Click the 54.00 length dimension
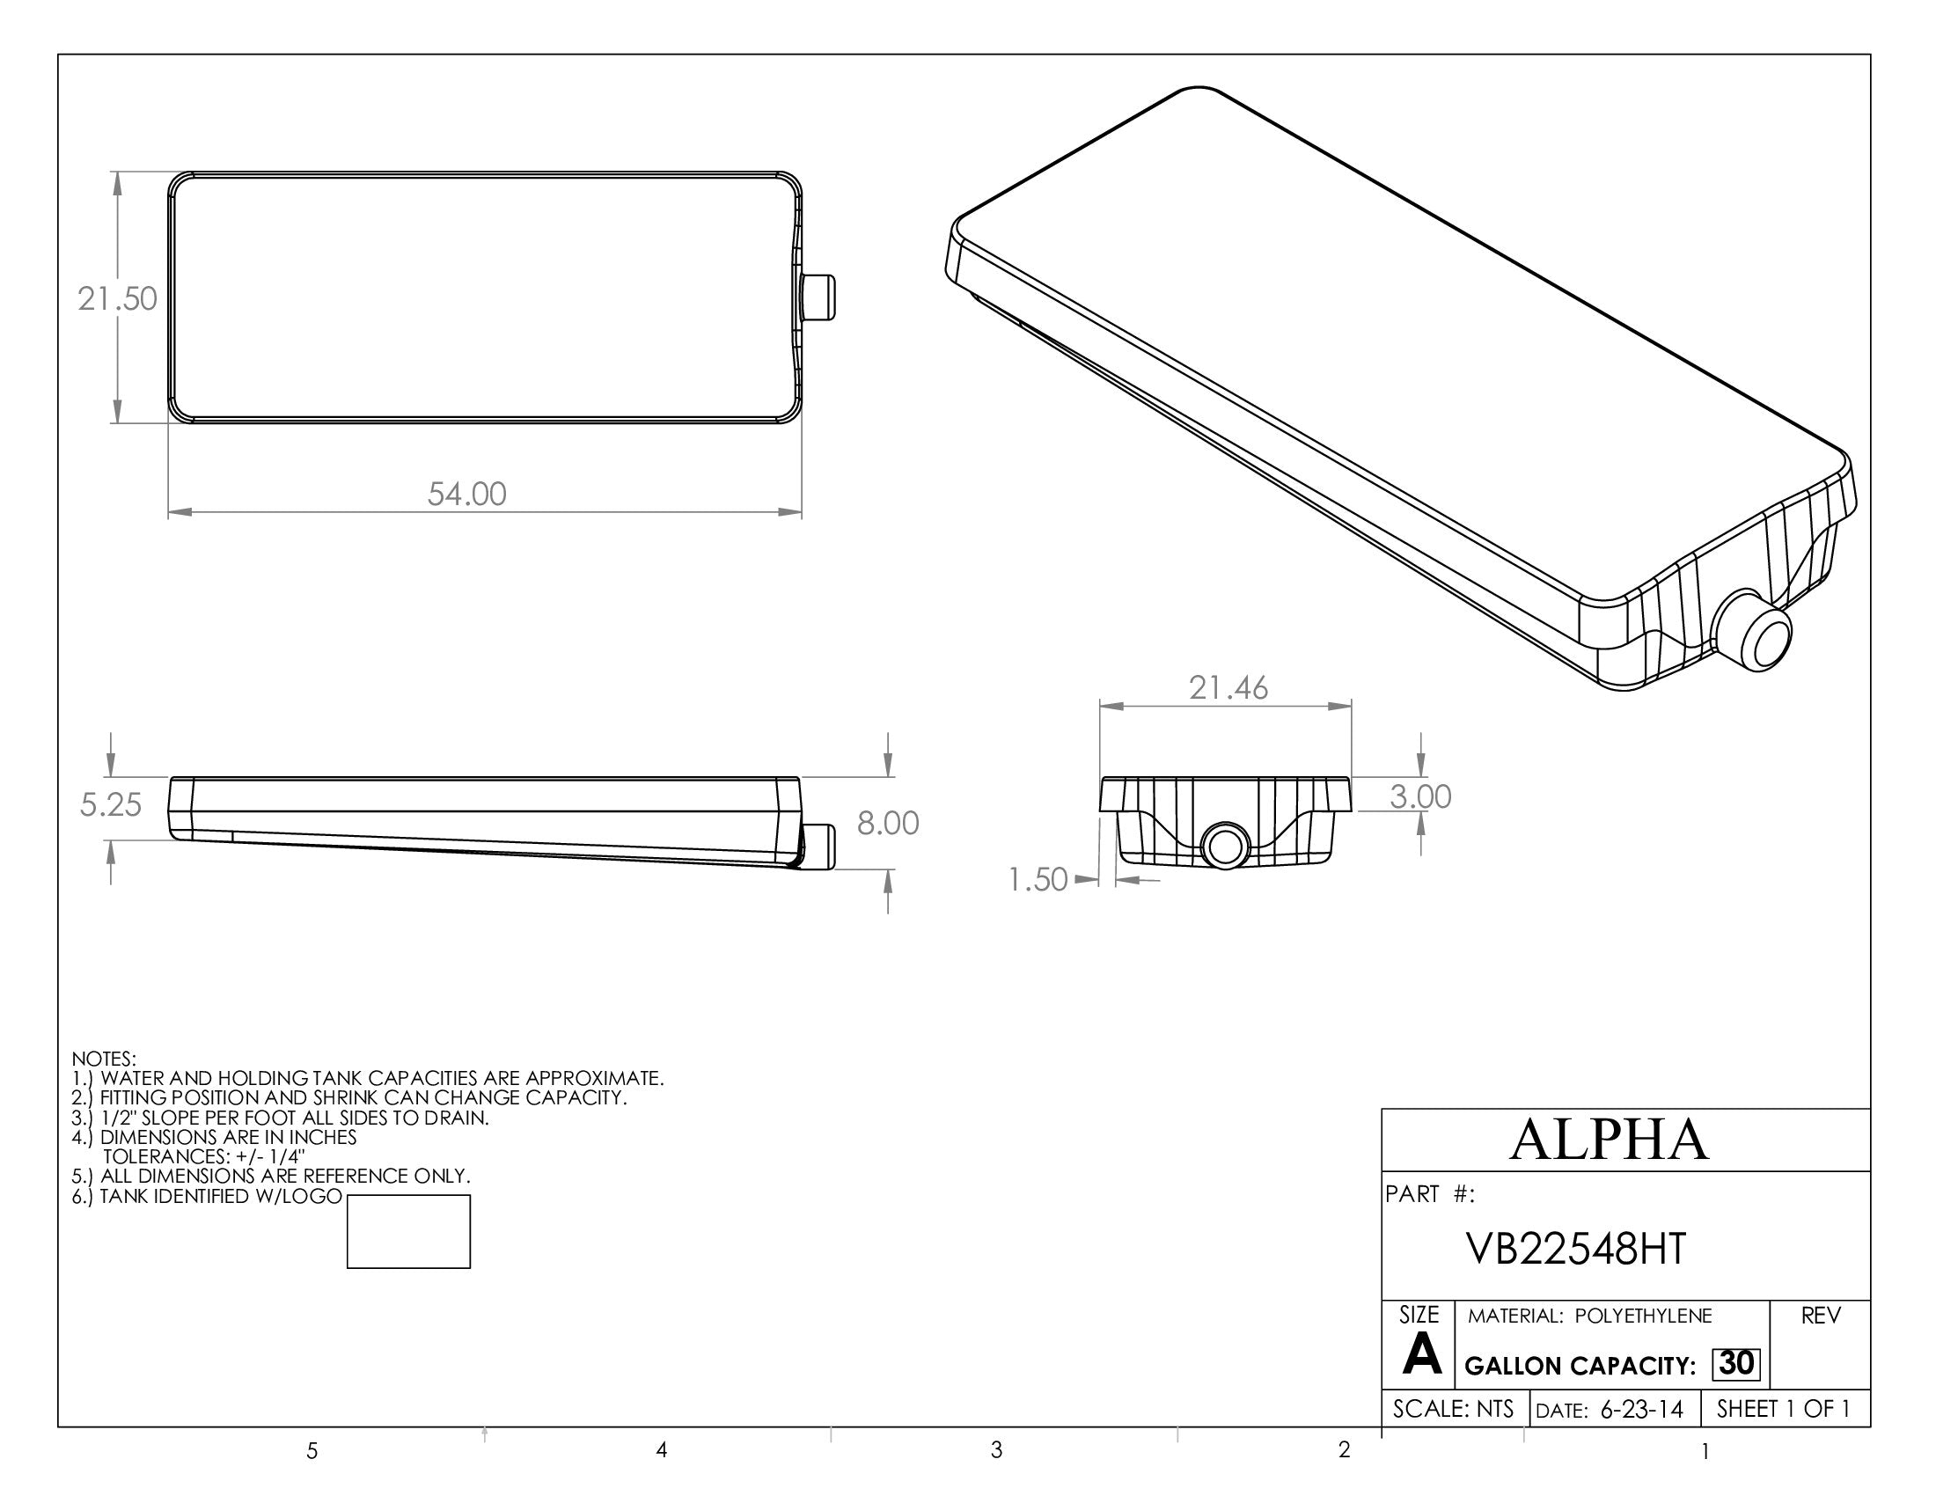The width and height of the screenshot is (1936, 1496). click(x=467, y=494)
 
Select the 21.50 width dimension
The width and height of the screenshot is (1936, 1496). click(x=117, y=298)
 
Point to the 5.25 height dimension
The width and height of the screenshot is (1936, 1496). click(x=111, y=804)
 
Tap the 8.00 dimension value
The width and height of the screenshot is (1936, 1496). click(x=887, y=824)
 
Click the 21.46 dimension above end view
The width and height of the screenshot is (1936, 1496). click(x=1228, y=688)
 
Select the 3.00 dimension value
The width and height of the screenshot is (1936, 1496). click(x=1420, y=796)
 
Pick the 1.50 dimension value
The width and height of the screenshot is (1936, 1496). click(x=1038, y=880)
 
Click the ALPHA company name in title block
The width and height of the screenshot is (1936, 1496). click(x=1609, y=1140)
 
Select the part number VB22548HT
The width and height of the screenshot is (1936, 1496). click(x=1576, y=1250)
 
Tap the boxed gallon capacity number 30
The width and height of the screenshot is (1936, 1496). click(x=1735, y=1363)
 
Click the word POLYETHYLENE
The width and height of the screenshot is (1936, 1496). click(x=1644, y=1316)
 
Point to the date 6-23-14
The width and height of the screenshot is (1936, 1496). click(x=1641, y=1409)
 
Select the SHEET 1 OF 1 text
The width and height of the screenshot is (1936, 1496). click(x=1784, y=1409)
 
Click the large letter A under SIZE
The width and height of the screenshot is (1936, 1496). click(x=1422, y=1356)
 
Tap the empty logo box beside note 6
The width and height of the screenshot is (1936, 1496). click(x=407, y=1232)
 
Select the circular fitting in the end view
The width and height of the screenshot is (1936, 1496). click(x=1225, y=846)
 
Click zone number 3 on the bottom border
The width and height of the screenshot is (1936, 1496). click(x=996, y=1450)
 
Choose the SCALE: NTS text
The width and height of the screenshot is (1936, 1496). click(x=1453, y=1409)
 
